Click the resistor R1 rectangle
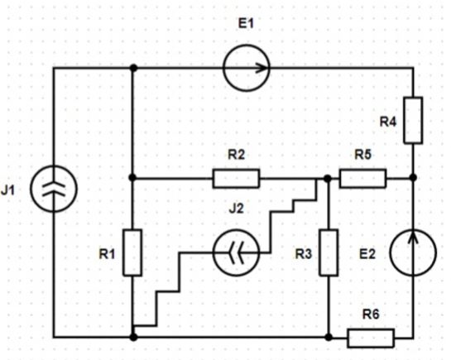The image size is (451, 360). (132, 252)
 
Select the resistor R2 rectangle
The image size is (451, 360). (236, 179)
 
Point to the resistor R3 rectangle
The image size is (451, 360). (329, 252)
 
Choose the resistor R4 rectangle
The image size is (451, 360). (413, 120)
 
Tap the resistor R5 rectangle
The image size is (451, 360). (362, 179)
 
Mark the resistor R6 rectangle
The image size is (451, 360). (371, 338)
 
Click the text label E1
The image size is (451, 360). (247, 23)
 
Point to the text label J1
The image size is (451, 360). (7, 190)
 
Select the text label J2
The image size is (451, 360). (236, 209)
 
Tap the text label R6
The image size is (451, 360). (371, 314)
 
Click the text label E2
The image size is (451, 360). (367, 254)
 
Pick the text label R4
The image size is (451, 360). (388, 122)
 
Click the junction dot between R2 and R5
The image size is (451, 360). (328, 179)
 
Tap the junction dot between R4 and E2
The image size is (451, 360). (413, 178)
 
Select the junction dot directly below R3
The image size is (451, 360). (329, 337)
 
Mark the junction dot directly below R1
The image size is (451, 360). (133, 337)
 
